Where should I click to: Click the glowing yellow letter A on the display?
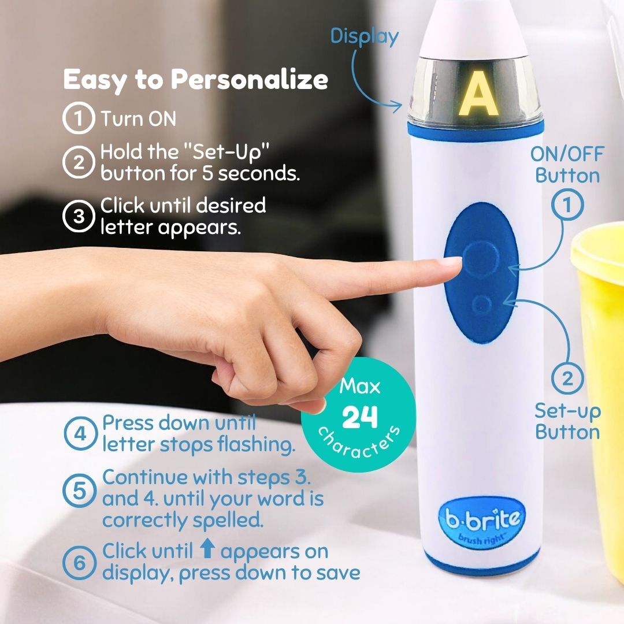[x=478, y=94]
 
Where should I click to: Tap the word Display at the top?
[x=364, y=36]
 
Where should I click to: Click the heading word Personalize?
[x=250, y=80]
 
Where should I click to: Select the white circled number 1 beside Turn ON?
[x=79, y=118]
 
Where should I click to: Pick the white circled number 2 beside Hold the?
[x=79, y=162]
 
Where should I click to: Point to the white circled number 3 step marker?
[x=79, y=216]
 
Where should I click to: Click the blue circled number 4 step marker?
[x=80, y=433]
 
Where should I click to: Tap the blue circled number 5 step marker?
[x=80, y=491]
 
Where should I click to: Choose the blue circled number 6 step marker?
[x=80, y=562]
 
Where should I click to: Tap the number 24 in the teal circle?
[x=359, y=417]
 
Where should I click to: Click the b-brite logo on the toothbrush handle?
[x=482, y=521]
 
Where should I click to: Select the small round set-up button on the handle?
[x=481, y=305]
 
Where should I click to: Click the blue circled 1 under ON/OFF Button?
[x=567, y=205]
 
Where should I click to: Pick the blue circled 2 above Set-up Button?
[x=567, y=378]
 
